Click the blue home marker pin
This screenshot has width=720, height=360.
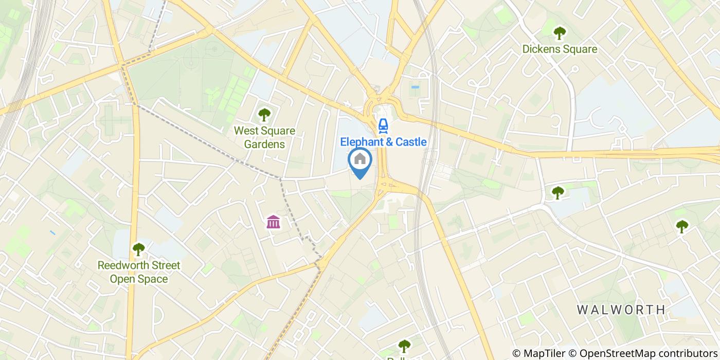click(x=360, y=160)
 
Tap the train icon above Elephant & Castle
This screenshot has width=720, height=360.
click(x=383, y=124)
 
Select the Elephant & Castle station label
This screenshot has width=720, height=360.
click(x=383, y=141)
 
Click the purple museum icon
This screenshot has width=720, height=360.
click(x=274, y=222)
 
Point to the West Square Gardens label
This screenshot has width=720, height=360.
click(x=264, y=137)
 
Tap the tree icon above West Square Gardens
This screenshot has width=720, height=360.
click(x=264, y=114)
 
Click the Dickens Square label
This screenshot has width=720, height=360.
click(x=560, y=49)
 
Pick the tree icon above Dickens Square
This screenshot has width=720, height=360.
click(x=559, y=33)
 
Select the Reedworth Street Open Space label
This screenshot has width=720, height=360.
click(x=139, y=272)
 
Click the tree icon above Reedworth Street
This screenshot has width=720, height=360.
click(x=138, y=249)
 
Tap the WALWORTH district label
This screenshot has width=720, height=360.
click(x=621, y=310)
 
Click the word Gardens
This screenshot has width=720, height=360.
click(x=264, y=144)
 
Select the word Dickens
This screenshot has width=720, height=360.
click(x=541, y=49)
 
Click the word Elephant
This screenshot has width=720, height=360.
click(x=360, y=141)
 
